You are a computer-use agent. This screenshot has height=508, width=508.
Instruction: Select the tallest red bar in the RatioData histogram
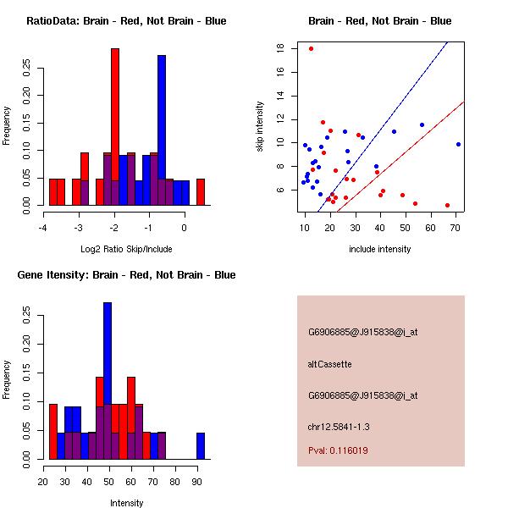point(115,127)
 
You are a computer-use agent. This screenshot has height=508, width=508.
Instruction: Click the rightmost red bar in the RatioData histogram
point(201,192)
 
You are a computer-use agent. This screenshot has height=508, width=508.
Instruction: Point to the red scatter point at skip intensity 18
point(312,48)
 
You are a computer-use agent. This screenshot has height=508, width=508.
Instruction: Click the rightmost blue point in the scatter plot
point(458,144)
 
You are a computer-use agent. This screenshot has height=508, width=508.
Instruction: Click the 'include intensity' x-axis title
point(380,249)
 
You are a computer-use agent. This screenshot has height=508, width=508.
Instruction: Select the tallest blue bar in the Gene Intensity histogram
point(108,380)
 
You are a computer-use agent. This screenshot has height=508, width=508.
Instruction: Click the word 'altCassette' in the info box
point(330,364)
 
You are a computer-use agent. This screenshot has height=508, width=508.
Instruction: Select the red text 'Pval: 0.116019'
point(338,450)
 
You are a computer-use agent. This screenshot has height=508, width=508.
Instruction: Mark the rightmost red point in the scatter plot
point(447,205)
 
